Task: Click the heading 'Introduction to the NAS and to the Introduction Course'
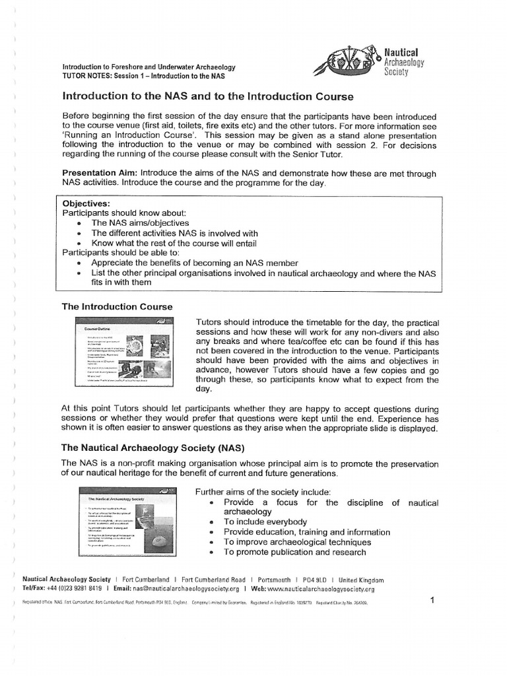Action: click(x=208, y=96)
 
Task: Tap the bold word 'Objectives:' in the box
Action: click(x=86, y=203)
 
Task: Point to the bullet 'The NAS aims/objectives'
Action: click(x=140, y=223)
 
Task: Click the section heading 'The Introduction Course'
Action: click(x=117, y=307)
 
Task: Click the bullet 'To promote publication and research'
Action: click(x=294, y=552)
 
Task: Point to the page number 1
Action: click(x=432, y=600)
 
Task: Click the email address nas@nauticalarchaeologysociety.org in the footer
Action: click(x=175, y=589)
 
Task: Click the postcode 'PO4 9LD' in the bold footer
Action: click(x=312, y=580)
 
